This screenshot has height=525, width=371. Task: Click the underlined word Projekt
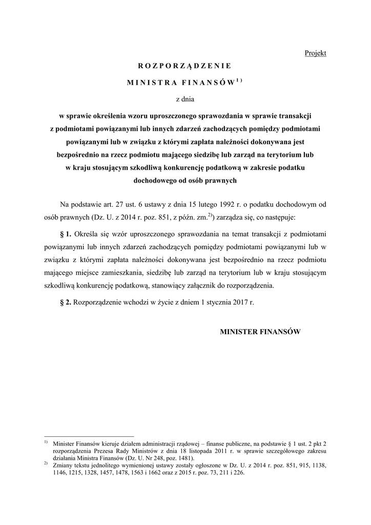pos(315,53)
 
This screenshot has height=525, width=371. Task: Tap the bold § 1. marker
pos(66,234)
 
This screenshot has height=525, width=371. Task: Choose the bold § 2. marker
pos(66,302)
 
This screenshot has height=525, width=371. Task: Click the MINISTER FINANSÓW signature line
pos(260,332)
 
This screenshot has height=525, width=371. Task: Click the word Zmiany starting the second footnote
pos(63,466)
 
